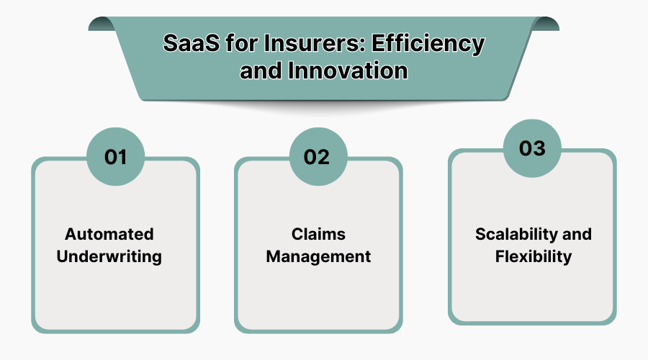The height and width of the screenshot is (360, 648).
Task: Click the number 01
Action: (x=115, y=157)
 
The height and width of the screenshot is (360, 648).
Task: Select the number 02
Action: (x=317, y=157)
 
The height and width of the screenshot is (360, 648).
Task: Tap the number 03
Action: (x=533, y=148)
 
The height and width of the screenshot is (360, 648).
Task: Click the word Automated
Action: (x=109, y=234)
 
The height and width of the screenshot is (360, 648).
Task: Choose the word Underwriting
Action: (x=110, y=256)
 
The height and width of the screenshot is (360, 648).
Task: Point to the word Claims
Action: (x=318, y=234)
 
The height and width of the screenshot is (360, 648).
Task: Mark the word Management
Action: (x=318, y=256)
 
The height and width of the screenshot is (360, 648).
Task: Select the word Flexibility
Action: (x=533, y=256)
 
